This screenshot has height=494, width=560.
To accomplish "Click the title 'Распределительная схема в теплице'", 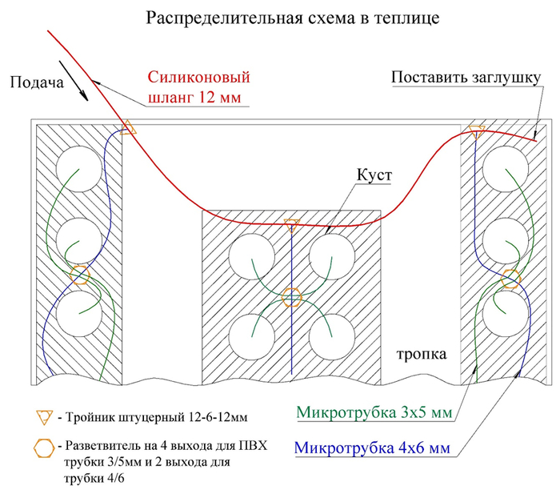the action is (x=293, y=18).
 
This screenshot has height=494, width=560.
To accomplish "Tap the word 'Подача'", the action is (x=37, y=82).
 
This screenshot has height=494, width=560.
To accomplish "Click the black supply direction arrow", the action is (x=74, y=81).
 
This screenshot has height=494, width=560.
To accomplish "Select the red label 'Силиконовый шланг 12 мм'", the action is (x=198, y=87).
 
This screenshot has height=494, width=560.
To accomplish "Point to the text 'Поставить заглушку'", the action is (x=466, y=78).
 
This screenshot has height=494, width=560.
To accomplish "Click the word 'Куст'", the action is (x=374, y=175).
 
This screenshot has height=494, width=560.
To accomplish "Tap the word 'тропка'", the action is (x=422, y=354).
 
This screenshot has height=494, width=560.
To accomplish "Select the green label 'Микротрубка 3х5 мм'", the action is (x=374, y=412).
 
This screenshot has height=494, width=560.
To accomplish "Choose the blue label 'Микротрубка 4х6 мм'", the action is (x=372, y=448).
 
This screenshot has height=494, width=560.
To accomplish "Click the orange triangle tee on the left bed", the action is (x=128, y=128).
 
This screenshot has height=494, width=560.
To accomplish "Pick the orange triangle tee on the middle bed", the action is (x=292, y=225).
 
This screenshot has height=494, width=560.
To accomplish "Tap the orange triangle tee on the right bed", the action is (x=477, y=132).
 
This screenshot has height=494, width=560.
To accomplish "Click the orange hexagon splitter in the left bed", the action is (x=79, y=275).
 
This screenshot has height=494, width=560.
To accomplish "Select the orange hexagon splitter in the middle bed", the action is (x=292, y=297).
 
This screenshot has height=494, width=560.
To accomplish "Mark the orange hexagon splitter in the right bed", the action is (x=510, y=279).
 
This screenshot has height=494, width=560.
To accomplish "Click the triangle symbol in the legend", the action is (x=44, y=417).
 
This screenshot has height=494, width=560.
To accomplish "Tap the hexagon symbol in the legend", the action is (x=44, y=448).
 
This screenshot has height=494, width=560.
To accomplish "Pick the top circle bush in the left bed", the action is (x=79, y=169).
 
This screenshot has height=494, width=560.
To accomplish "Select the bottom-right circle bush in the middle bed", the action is (x=332, y=337).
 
